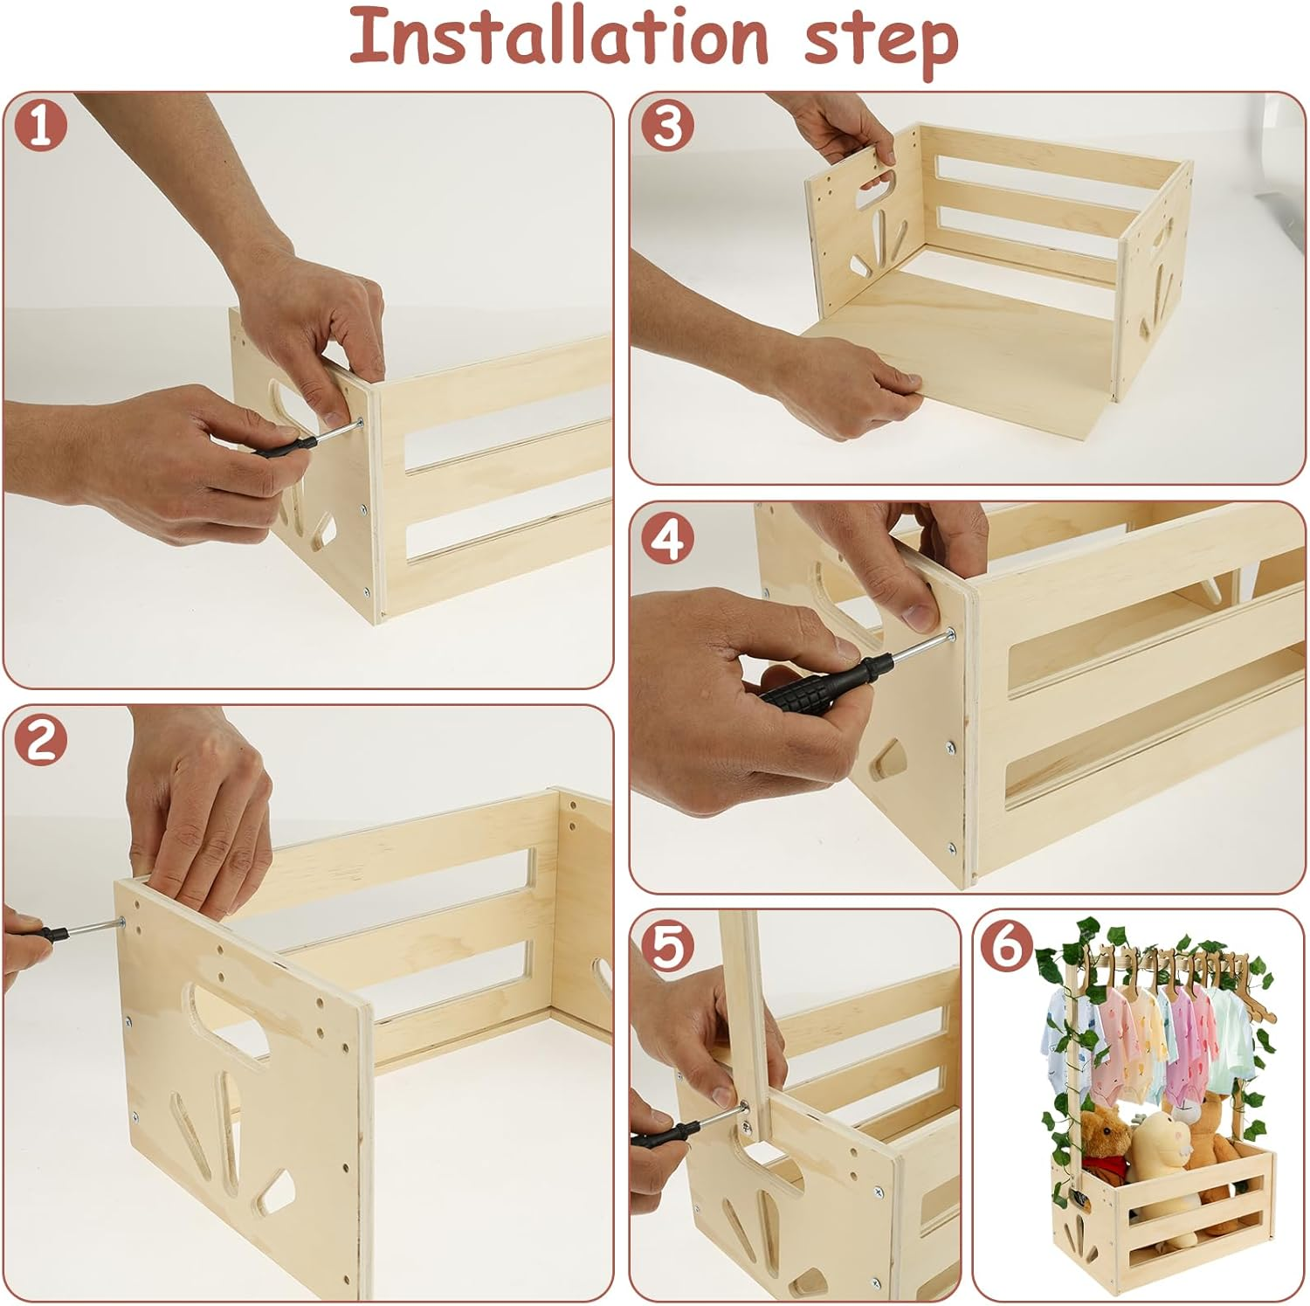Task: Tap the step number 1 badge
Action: pos(41,125)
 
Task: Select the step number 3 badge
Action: pos(667,125)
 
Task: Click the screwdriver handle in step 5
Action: pos(664,1136)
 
